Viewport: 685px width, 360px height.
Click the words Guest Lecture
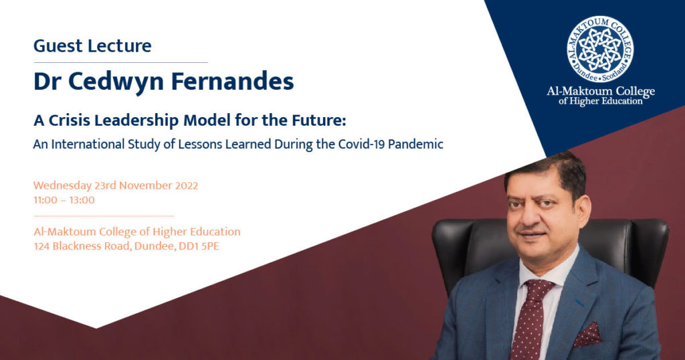[x=92, y=46]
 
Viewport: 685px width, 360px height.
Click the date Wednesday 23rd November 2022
[x=116, y=185]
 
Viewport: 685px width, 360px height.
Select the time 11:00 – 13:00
[x=64, y=199]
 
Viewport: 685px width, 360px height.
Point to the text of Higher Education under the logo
[x=600, y=101]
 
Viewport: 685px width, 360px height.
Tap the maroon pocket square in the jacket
[x=587, y=335]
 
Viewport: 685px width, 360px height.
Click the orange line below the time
[x=104, y=216]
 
